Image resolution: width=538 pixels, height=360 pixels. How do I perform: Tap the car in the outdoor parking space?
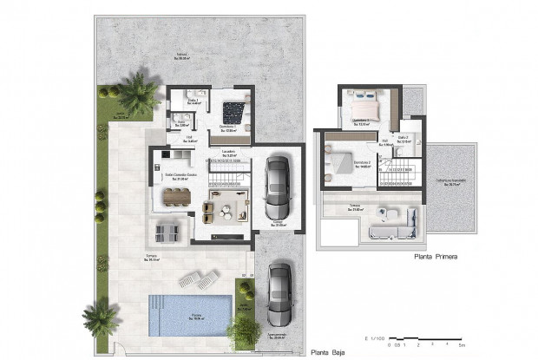(279, 294)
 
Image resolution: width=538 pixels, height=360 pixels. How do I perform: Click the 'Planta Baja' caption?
(331, 352)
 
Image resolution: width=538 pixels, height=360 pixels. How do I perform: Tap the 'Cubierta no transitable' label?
(451, 181)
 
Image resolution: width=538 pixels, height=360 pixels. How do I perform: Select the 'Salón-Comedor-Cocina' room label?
(180, 175)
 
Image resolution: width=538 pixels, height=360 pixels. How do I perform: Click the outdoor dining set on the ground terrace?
(167, 230)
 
